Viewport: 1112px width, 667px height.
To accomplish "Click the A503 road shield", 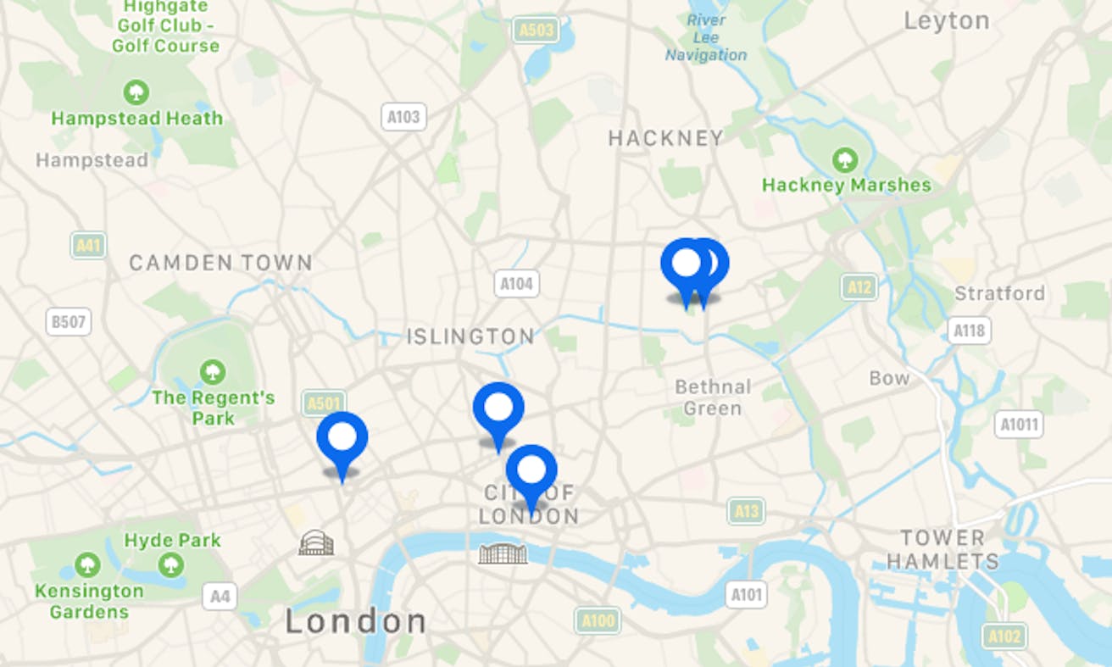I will click(536, 31).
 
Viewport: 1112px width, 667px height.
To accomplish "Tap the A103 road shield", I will click(403, 117).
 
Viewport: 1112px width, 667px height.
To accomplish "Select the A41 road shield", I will click(88, 245).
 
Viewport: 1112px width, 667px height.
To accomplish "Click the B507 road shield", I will click(69, 321).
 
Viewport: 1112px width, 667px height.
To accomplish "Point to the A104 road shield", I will click(516, 283).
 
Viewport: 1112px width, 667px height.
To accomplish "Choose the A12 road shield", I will click(859, 286).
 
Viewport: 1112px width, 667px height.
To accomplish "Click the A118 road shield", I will click(969, 329).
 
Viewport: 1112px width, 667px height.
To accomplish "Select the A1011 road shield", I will click(1018, 424).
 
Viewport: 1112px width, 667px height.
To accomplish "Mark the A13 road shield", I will click(746, 510).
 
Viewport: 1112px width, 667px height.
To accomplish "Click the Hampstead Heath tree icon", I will click(136, 92).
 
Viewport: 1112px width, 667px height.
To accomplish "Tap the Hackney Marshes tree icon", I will click(844, 158).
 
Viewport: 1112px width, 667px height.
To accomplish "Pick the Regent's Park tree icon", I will click(212, 371).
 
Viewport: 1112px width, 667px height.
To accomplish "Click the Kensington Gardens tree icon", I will click(87, 564).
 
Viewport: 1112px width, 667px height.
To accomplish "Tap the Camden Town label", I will click(220, 263).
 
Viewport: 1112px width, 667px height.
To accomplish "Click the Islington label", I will click(470, 336).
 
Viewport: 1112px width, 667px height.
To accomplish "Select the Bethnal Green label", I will click(713, 397).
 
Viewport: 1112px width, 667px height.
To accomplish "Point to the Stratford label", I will click(999, 293).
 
